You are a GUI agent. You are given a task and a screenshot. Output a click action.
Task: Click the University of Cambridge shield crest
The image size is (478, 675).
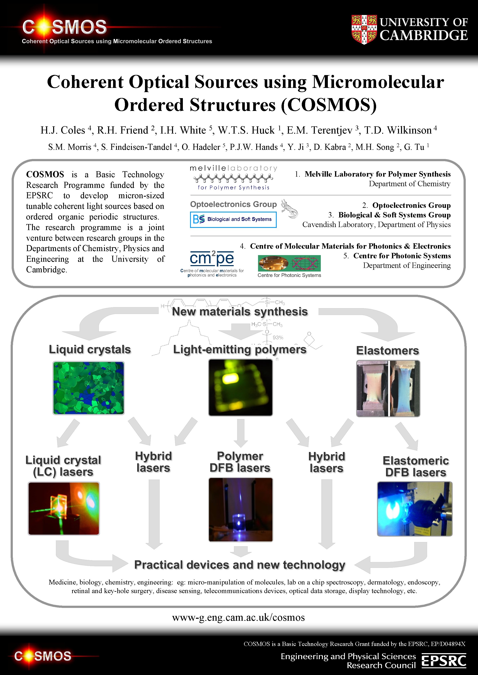364,29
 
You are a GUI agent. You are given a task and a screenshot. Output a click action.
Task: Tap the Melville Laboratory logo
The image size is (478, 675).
233,178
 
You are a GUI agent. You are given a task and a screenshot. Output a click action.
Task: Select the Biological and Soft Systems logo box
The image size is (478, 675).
233,219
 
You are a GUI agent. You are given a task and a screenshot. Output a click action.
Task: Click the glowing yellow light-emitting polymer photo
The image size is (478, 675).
240,387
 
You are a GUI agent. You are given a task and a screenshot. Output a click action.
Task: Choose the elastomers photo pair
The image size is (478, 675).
388,388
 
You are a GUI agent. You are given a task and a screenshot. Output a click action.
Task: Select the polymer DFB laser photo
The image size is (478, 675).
240,509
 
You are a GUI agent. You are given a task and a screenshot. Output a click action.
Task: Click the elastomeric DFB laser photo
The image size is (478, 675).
414,509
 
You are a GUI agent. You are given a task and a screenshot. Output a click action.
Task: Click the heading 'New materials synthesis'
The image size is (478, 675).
240,312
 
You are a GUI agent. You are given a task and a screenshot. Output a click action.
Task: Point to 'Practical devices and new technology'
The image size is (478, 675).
240,565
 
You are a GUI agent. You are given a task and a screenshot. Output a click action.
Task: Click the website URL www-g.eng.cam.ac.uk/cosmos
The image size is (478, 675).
238,617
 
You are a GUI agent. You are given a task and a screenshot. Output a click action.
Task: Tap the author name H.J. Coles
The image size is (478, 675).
63,130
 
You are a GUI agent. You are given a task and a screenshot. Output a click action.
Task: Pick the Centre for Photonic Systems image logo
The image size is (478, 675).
289,263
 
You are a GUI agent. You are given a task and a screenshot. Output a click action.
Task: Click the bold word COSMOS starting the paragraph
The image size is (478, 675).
45,174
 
